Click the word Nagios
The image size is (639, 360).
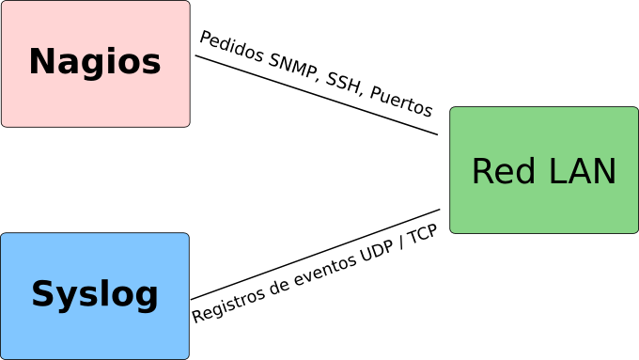(x=95, y=63)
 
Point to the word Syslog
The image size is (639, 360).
(x=95, y=295)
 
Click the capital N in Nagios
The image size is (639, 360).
(x=40, y=63)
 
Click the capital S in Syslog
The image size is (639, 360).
(x=42, y=295)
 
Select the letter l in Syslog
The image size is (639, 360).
(x=100, y=294)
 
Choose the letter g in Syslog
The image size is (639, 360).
(x=147, y=298)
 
